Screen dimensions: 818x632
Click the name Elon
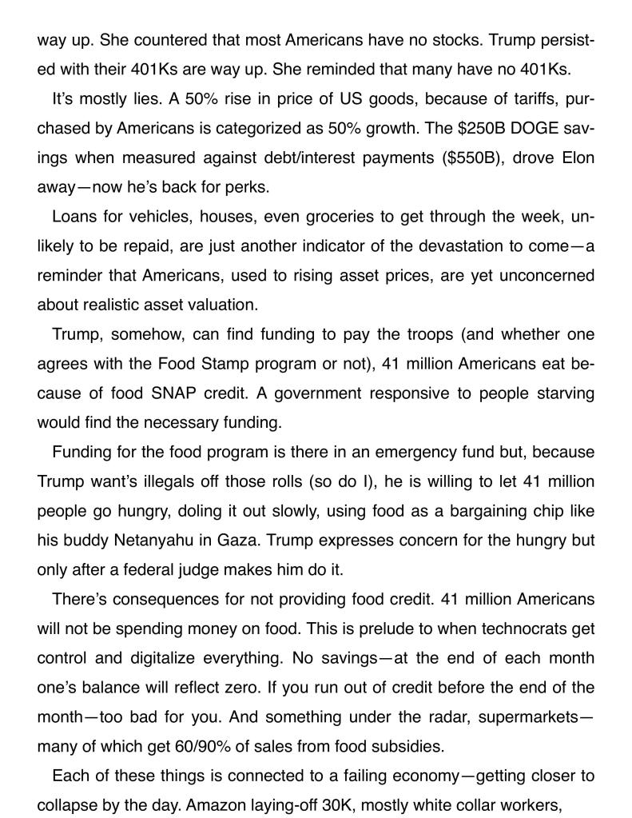pyautogui.click(x=575, y=158)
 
